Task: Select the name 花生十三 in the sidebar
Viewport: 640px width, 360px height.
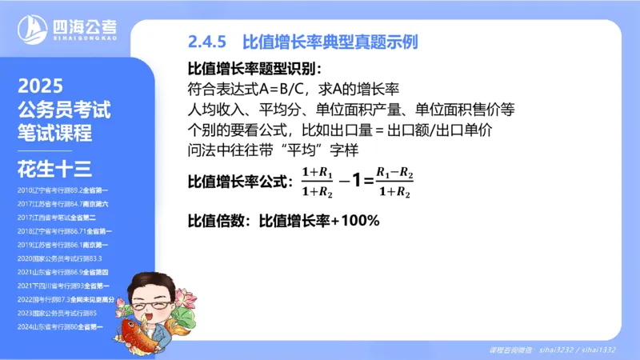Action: (x=54, y=168)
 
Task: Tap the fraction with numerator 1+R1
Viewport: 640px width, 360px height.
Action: (x=317, y=182)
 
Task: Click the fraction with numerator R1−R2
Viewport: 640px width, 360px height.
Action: (x=394, y=182)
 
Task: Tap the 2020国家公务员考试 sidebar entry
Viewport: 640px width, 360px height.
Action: (x=60, y=258)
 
